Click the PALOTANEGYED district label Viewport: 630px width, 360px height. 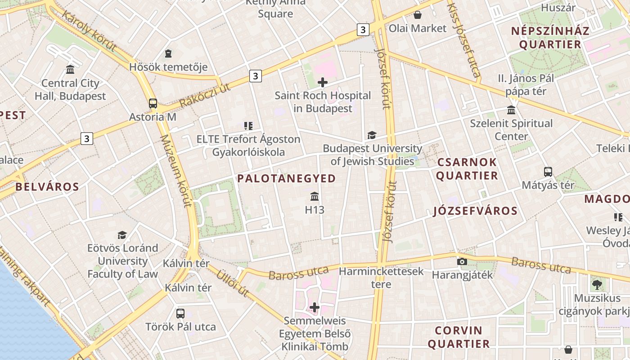287,179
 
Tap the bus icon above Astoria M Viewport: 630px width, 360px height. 153,103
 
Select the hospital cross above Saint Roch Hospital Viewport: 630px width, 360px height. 323,82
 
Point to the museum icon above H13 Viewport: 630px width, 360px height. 315,197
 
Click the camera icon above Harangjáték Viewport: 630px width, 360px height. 462,261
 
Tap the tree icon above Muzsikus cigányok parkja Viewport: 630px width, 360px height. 597,284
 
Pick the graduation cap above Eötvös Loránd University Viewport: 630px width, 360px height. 122,235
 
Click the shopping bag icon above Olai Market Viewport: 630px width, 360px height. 418,15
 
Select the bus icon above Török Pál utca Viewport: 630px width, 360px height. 180,313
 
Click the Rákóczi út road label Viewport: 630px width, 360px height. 205,95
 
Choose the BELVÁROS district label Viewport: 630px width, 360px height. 47,187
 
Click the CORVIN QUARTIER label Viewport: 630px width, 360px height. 459,337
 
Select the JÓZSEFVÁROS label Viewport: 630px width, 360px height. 475,211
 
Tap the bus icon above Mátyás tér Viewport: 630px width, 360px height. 548,171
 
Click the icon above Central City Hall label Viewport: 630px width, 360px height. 70,70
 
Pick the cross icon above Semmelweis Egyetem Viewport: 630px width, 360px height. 315,307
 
